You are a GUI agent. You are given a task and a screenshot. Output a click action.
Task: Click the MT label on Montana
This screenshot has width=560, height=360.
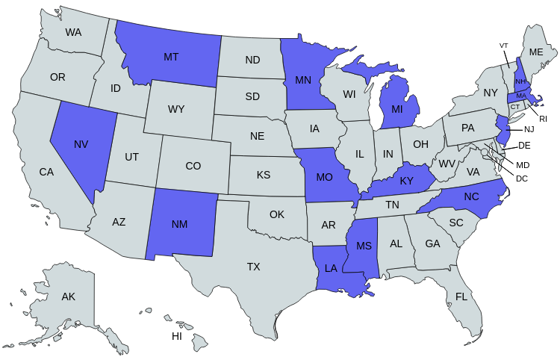point(171,57)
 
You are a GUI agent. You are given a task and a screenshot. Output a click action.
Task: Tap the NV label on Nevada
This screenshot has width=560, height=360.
point(81,144)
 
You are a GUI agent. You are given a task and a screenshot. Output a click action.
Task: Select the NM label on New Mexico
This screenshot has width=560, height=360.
point(179,225)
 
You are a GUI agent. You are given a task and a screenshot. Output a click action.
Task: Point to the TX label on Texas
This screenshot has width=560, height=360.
point(254,267)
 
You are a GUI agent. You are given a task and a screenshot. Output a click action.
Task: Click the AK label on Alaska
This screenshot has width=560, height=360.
point(69,297)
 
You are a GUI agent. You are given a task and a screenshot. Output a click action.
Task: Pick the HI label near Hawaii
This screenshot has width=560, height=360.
point(177,336)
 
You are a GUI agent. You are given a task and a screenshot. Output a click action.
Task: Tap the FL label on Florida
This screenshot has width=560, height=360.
point(461,297)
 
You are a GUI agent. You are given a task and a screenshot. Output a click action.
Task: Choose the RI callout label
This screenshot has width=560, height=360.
point(544,119)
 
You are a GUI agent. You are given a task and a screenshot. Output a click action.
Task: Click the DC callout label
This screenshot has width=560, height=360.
point(522,179)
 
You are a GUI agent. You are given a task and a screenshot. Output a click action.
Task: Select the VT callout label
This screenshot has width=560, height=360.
point(503,46)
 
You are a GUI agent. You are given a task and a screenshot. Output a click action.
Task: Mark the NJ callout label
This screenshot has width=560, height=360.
point(529,130)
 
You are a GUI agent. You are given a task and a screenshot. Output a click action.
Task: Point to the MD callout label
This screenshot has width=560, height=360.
point(523,164)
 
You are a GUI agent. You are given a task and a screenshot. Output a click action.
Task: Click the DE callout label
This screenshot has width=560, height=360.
point(524,146)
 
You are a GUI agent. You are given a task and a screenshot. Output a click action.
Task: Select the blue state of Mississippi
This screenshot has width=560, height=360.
point(363,246)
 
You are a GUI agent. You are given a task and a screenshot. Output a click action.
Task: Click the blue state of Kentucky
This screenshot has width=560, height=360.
point(405,181)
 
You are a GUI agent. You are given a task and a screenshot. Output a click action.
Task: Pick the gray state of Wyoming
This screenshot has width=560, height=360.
point(176,109)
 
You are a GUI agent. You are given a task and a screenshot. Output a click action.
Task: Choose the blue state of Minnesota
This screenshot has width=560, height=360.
point(303,78)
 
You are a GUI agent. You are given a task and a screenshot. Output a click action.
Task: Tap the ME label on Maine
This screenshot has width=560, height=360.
point(536,52)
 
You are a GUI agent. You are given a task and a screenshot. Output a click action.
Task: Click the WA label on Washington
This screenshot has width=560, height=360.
point(73,32)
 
